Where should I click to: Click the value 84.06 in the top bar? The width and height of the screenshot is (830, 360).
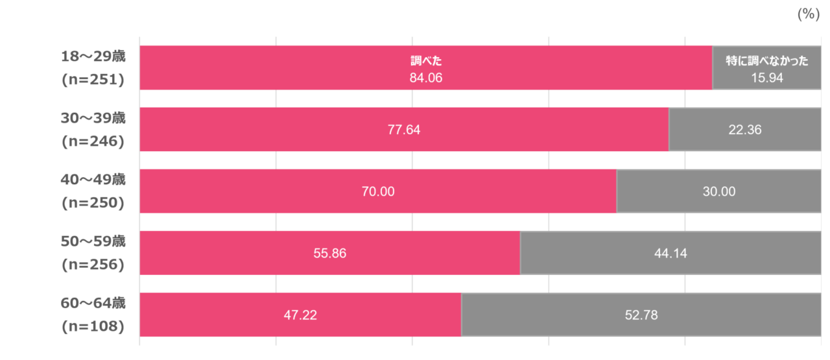(x=425, y=78)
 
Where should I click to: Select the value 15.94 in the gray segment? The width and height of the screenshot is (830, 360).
(x=767, y=78)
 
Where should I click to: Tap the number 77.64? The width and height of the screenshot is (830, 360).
(x=404, y=130)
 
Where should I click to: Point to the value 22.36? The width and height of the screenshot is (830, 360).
(x=745, y=130)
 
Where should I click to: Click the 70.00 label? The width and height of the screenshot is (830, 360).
(x=378, y=191)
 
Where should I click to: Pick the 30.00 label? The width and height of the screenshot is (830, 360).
(x=719, y=191)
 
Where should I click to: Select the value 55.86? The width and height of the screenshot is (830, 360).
(x=329, y=254)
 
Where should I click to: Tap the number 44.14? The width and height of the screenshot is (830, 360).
(x=670, y=254)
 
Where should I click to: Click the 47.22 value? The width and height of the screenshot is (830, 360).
(x=300, y=316)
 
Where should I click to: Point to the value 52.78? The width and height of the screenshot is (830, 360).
(x=641, y=316)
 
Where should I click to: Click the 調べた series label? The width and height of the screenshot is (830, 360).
(x=425, y=62)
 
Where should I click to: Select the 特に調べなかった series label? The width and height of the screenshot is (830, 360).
(x=767, y=62)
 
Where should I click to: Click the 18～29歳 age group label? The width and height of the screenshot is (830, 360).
(x=93, y=56)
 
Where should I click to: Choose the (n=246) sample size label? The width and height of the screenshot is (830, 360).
(x=93, y=141)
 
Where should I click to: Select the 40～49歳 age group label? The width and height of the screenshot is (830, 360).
(x=93, y=180)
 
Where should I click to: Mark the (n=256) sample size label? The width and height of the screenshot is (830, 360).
(x=93, y=265)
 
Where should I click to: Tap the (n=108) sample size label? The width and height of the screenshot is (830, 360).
(x=93, y=327)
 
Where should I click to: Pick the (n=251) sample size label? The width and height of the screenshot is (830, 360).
(x=93, y=79)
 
